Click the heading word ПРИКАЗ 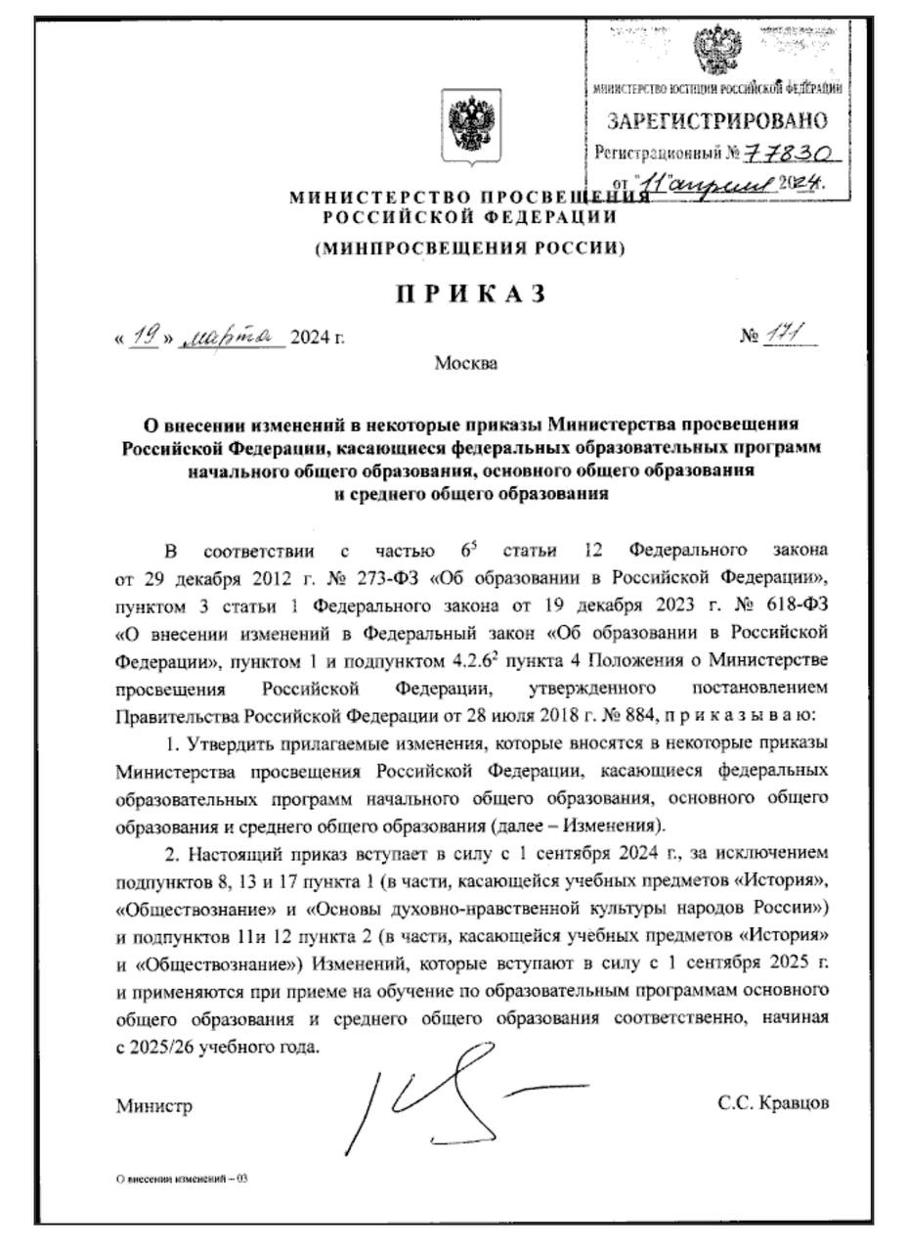click(470, 293)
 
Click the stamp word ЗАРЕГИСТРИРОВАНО click(716, 122)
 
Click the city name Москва click(466, 365)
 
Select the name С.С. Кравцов click(773, 1103)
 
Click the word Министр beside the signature click(153, 1106)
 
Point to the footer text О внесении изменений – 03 click(181, 1179)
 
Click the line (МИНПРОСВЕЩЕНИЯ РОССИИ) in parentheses click(470, 248)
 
